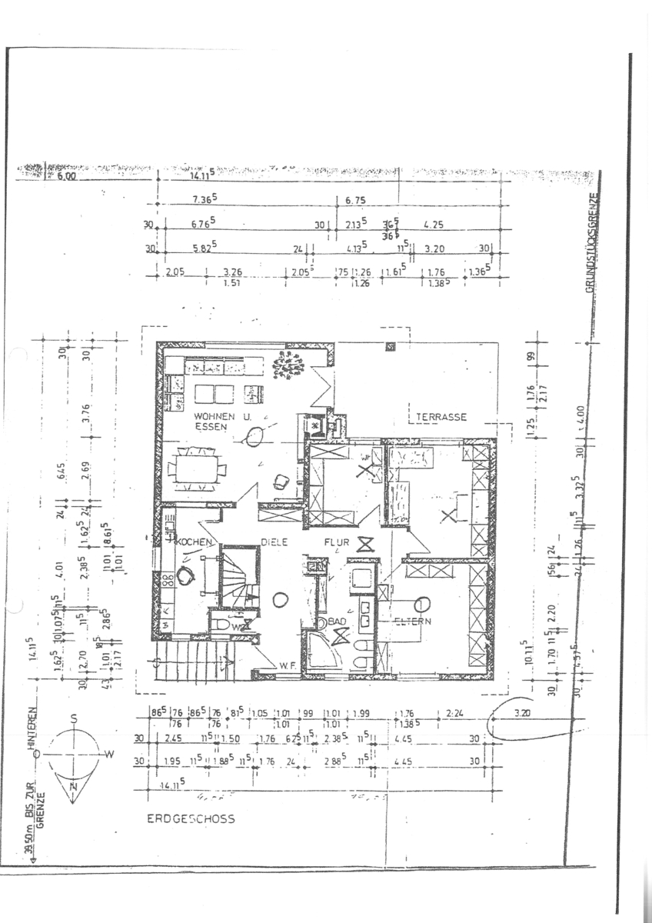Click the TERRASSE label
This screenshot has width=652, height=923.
[442, 417]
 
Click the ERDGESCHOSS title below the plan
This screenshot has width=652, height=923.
[191, 819]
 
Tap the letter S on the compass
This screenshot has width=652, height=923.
[74, 718]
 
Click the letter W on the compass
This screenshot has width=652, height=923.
[108, 755]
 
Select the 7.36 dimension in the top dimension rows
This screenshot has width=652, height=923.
[204, 199]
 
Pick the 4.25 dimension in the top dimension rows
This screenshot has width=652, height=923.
[435, 226]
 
